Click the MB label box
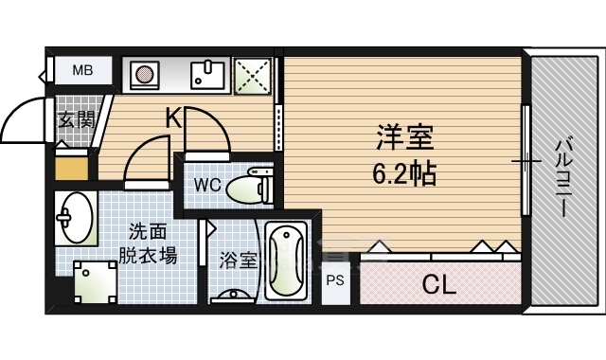[x=83, y=70]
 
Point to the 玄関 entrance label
[x=75, y=120]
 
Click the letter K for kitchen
[x=173, y=117]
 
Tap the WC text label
[x=209, y=185]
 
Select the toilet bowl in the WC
[x=250, y=186]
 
